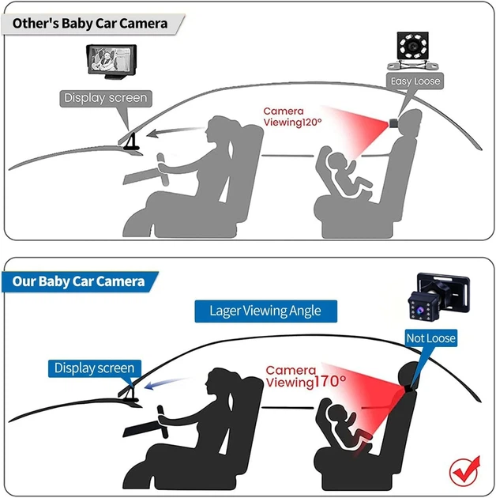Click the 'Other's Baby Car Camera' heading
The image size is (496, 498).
tap(90, 24)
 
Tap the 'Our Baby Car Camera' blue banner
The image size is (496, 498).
tap(79, 281)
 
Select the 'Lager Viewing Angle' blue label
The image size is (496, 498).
tap(265, 311)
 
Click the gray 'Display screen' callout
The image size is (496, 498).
tap(106, 98)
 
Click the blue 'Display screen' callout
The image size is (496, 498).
tap(94, 368)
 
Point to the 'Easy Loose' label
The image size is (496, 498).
tap(415, 81)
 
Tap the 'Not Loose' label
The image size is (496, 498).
tap(431, 338)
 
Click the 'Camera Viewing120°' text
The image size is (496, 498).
tap(292, 117)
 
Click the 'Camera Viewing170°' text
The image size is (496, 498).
tap(306, 376)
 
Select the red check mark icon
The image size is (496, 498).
tap(464, 471)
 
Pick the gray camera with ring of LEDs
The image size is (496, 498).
tap(413, 50)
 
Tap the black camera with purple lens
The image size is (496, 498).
tap(438, 296)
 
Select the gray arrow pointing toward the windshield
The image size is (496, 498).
tap(175, 131)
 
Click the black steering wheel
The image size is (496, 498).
tap(163, 421)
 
